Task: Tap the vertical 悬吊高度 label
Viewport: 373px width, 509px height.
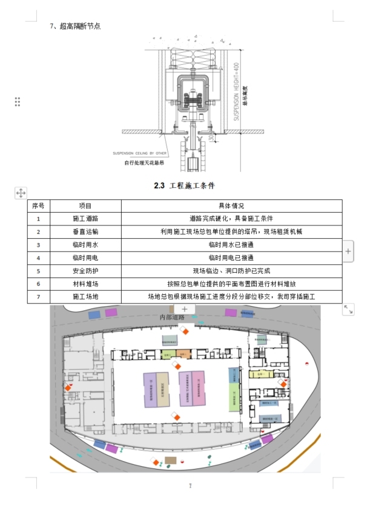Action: tap(245, 96)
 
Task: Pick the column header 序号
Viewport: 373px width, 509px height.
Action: tap(38, 206)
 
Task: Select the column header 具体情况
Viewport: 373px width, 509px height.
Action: tap(231, 206)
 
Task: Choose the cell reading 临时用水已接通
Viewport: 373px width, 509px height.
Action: tap(231, 245)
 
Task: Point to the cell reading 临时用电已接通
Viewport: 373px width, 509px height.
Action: tap(231, 258)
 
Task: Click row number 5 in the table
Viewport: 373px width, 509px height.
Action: tap(38, 271)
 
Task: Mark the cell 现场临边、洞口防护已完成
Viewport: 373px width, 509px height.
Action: tap(231, 271)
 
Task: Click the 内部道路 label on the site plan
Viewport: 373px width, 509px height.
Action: tap(172, 316)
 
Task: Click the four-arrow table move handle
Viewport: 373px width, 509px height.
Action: tap(20, 193)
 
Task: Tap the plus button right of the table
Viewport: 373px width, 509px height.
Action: tap(348, 250)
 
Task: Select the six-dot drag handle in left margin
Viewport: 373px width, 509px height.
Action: tap(18, 102)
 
